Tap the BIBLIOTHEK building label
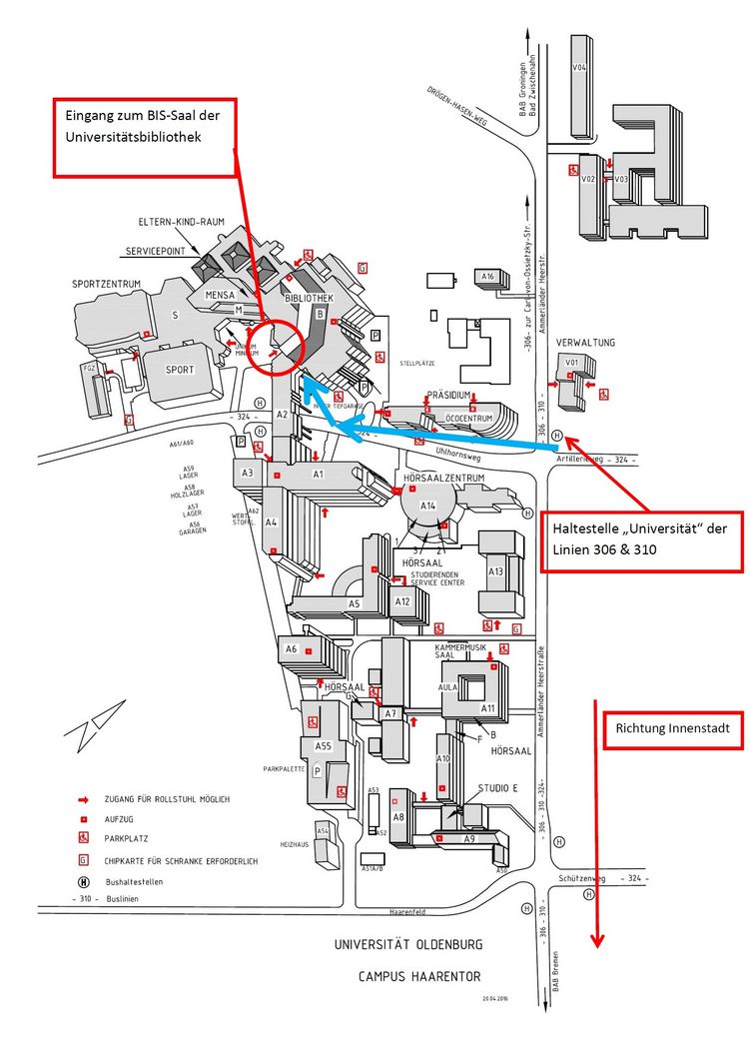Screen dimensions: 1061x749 (x=308, y=299)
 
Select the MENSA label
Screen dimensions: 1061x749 (x=220, y=296)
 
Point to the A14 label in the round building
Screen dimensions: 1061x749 (x=428, y=506)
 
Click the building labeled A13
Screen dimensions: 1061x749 (x=495, y=571)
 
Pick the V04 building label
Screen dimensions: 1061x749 (x=578, y=67)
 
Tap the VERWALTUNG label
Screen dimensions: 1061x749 (x=585, y=343)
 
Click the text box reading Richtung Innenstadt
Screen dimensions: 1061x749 (x=672, y=729)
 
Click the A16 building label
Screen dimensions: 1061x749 (x=488, y=277)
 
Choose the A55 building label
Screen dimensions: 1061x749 (x=323, y=746)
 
